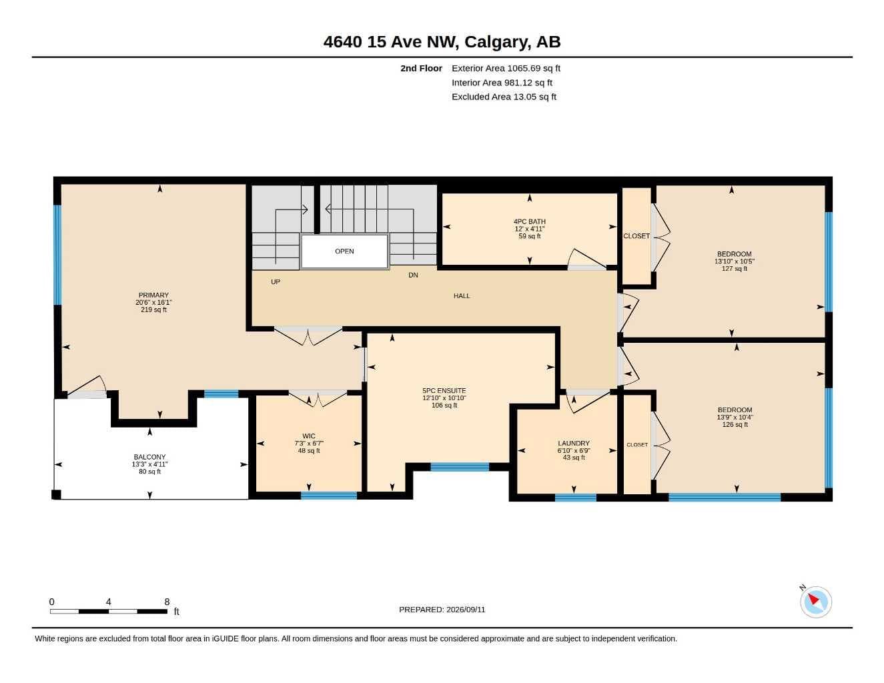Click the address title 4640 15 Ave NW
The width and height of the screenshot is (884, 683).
(x=391, y=42)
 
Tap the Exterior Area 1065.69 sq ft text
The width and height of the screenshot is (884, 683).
(x=506, y=68)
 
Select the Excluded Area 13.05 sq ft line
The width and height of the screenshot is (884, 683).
(x=504, y=97)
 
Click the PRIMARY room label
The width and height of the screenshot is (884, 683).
(x=153, y=295)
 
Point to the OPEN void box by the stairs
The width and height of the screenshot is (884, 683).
(x=344, y=251)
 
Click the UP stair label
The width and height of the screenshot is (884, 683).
(x=276, y=281)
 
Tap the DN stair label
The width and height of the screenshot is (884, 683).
(x=413, y=275)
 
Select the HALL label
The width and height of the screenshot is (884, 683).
(x=461, y=296)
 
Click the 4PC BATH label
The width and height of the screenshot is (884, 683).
(x=529, y=221)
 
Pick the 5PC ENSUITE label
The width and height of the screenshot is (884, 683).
(x=444, y=391)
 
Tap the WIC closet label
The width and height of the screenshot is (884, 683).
(x=309, y=436)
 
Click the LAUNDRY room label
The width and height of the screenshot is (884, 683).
(x=574, y=443)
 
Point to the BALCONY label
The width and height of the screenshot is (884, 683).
(x=149, y=457)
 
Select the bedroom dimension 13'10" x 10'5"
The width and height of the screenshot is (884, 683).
(x=735, y=261)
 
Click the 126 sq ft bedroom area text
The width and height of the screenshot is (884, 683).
(x=735, y=424)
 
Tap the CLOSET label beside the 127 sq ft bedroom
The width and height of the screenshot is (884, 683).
(x=636, y=236)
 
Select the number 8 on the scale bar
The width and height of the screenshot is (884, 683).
(x=167, y=602)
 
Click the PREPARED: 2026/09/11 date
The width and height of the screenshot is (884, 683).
(x=442, y=610)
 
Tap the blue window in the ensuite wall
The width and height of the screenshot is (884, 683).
(x=460, y=467)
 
